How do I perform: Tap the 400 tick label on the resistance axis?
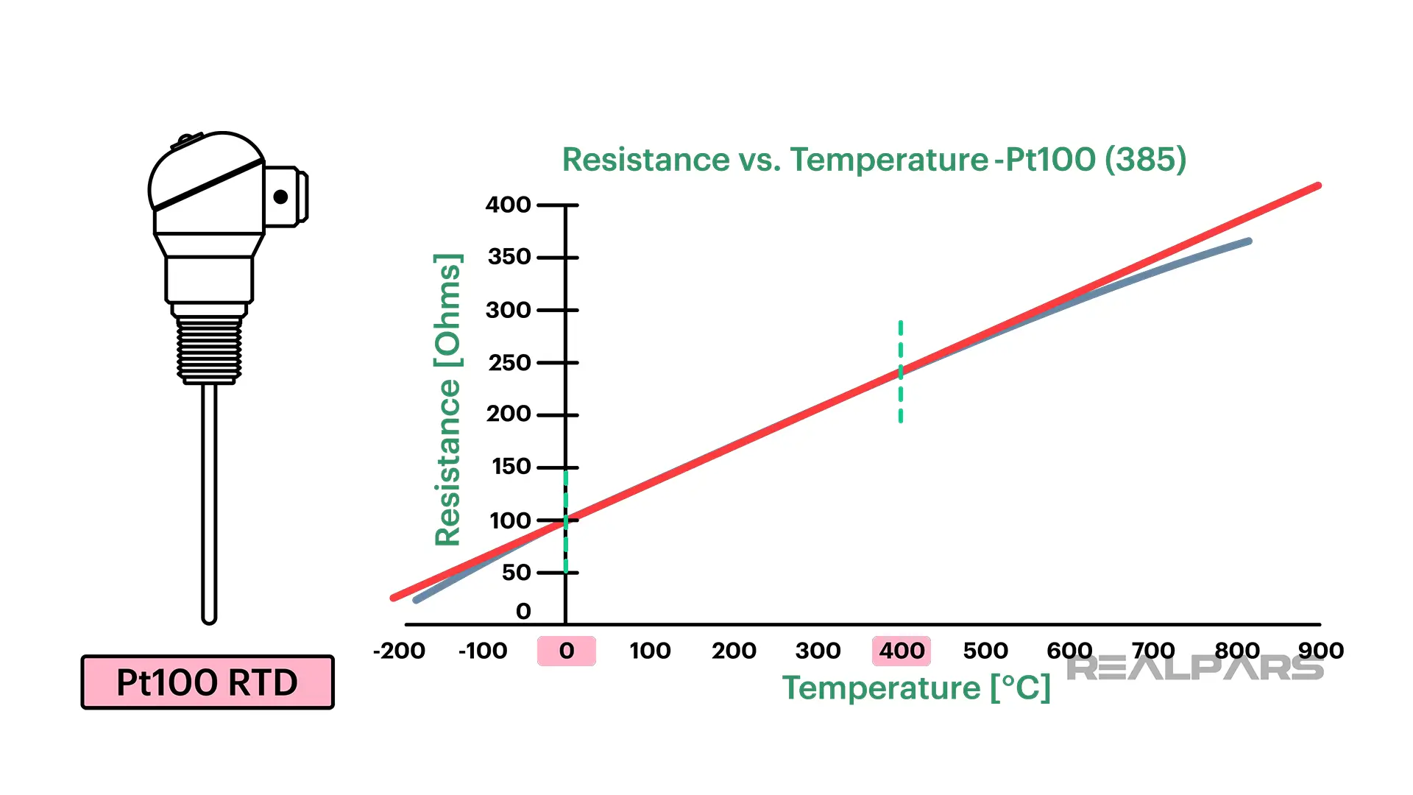coord(508,205)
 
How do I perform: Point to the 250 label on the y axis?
coord(509,363)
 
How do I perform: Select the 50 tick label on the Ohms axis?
coord(516,573)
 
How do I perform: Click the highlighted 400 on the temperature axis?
coord(902,651)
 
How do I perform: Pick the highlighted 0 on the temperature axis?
coord(566,651)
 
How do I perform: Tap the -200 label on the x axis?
coord(399,651)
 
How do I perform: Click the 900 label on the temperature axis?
coord(1321,651)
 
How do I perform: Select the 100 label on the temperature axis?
coord(650,651)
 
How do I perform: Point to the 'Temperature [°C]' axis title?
coord(916,688)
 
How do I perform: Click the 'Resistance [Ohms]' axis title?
coord(447,400)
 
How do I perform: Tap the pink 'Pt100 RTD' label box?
coord(208,682)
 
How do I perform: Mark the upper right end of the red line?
coord(1317,186)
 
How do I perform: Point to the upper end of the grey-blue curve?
coord(1248,241)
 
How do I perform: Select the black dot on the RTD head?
coord(280,197)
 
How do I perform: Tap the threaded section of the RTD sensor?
coord(209,349)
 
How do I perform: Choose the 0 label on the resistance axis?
coord(523,611)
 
